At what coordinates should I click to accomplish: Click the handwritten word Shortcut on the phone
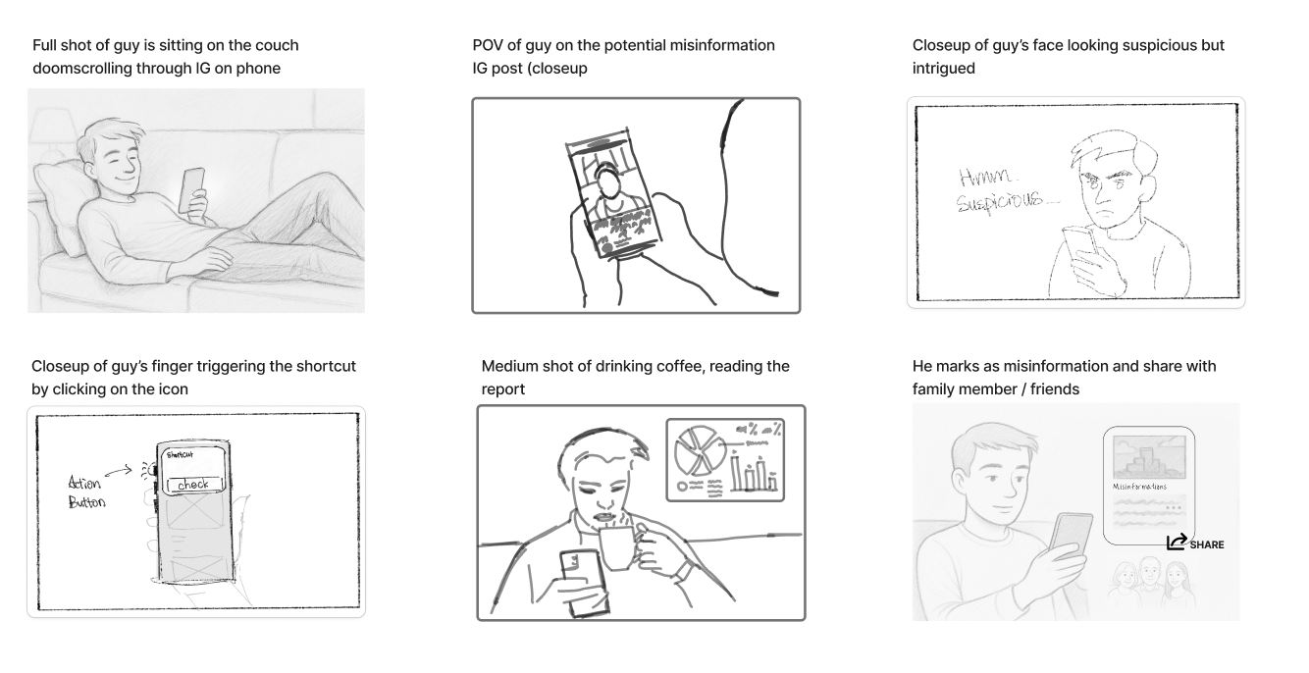tap(180, 454)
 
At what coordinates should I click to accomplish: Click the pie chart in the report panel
tap(698, 447)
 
